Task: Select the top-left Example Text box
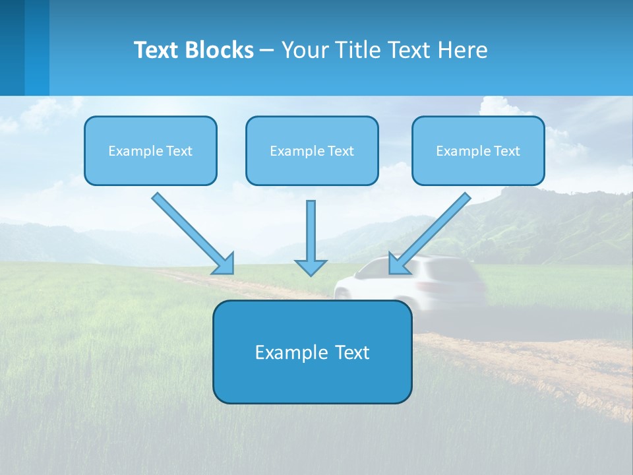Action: (x=150, y=151)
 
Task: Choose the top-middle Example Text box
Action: (x=312, y=151)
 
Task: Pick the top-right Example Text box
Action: (x=478, y=151)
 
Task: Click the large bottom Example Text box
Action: (x=312, y=352)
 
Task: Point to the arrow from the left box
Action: (x=191, y=232)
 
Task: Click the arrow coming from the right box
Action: (x=431, y=232)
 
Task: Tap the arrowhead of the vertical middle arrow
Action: (x=311, y=267)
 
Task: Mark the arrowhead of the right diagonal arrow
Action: (x=398, y=264)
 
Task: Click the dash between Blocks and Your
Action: (x=267, y=50)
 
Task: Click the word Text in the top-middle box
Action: (x=340, y=151)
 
